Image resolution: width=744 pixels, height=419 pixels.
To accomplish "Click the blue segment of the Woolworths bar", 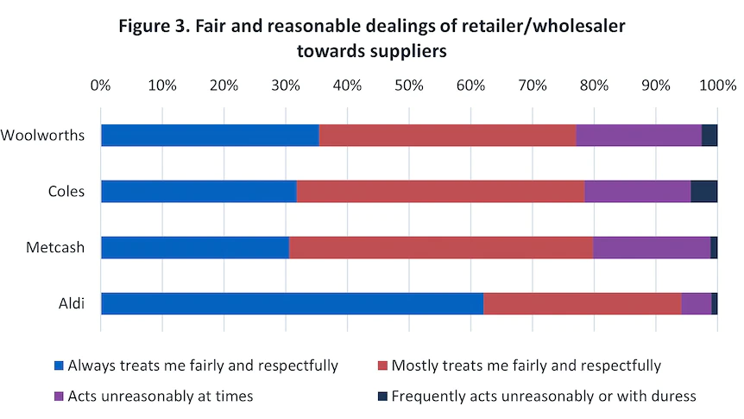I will coord(210,135).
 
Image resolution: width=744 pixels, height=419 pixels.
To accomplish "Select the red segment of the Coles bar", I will coord(440,191).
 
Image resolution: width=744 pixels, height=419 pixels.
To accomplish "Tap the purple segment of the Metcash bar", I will coord(652,247).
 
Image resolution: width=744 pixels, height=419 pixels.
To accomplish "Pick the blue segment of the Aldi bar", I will coord(292,303).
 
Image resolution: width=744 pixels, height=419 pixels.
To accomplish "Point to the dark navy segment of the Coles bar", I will coord(704,191).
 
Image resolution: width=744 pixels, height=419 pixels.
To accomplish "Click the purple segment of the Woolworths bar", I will coord(639,135).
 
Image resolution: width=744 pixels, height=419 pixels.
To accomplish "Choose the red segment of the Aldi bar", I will coord(583,303).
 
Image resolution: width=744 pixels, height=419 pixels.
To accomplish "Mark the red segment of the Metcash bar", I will coord(441,247).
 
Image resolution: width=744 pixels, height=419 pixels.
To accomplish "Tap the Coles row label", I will coord(66,191).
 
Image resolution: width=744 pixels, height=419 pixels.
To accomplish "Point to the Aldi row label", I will coord(71,303).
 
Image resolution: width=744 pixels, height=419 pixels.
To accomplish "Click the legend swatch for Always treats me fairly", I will coord(60,366).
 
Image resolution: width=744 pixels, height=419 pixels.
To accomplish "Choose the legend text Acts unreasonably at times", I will coord(160,397).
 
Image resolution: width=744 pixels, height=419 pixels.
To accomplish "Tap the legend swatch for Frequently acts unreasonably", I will coord(383,397).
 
